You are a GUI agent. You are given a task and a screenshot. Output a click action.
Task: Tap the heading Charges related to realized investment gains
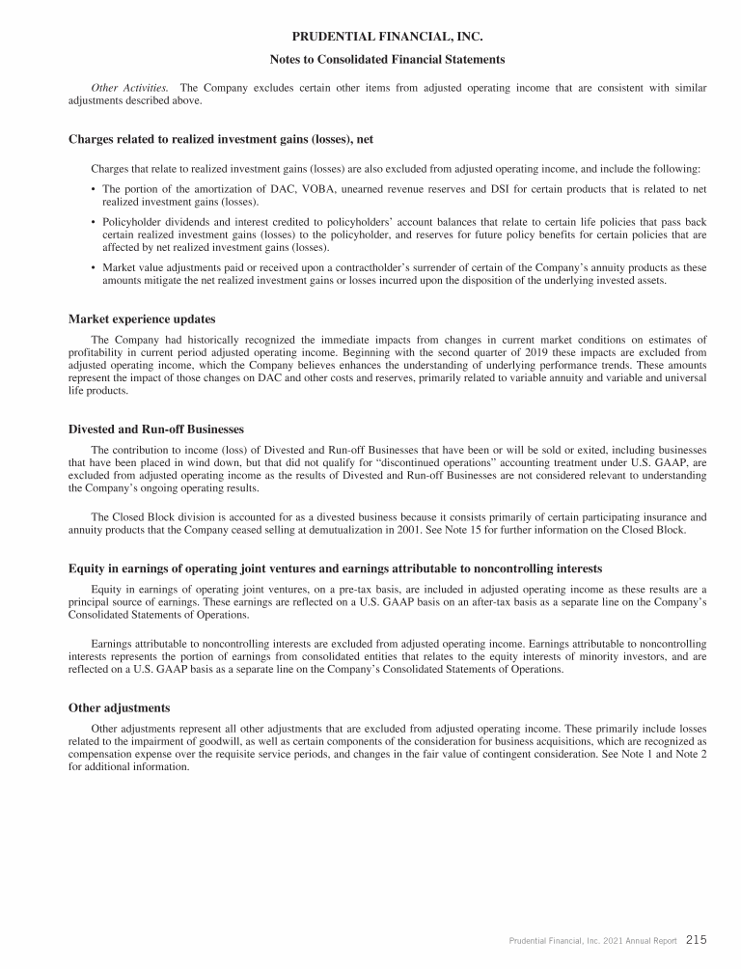click(x=221, y=139)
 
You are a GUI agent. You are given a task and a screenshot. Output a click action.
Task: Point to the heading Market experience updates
click(x=142, y=318)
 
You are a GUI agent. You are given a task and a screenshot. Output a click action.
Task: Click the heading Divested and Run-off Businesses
click(x=156, y=429)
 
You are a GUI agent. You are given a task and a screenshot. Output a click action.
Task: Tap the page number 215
click(x=697, y=939)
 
